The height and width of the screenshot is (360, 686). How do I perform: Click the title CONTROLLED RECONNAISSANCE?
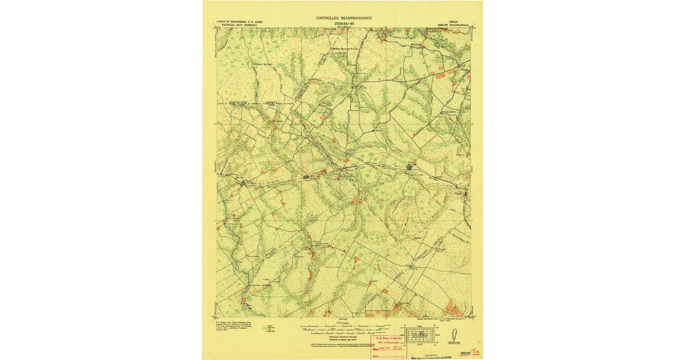(344, 18)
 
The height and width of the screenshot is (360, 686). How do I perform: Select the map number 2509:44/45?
(344, 23)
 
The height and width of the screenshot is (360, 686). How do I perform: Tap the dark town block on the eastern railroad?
(409, 167)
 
